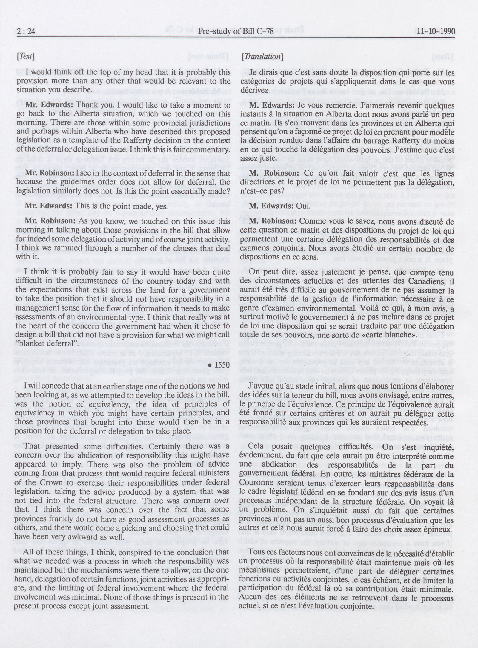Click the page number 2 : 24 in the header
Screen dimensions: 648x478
[26, 31]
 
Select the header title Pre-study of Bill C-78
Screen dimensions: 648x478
[236, 31]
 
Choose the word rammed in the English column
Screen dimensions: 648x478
[58, 248]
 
